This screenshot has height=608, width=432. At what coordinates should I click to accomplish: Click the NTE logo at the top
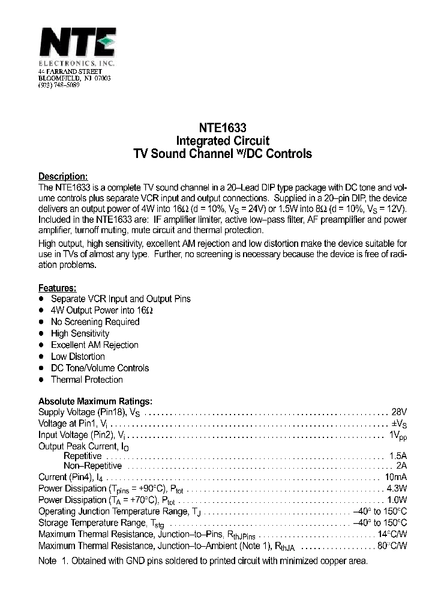point(77,43)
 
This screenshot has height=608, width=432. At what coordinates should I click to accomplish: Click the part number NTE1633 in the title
point(222,128)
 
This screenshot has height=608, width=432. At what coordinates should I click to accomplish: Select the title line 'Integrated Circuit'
point(222,141)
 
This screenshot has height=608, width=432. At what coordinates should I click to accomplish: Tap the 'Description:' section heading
point(64,177)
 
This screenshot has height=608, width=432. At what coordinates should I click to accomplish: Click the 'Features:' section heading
point(58,288)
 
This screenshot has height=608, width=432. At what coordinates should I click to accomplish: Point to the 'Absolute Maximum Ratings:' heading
point(95,401)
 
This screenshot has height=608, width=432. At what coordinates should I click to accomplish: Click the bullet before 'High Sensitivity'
point(41,333)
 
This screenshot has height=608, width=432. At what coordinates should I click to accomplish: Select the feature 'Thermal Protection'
point(86,380)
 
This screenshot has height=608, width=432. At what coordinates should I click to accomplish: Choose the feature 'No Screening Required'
point(95,322)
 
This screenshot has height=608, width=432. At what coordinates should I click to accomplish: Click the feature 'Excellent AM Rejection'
point(94,345)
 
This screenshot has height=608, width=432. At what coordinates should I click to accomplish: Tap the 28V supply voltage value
point(399,412)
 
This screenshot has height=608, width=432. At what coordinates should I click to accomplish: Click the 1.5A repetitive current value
point(398,456)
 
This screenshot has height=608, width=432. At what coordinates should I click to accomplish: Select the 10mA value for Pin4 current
point(396,477)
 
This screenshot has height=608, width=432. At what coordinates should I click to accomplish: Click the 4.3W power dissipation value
point(397,488)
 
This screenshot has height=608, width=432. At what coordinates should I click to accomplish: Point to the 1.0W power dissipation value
point(397,500)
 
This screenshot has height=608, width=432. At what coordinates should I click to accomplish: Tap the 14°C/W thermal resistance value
point(392,534)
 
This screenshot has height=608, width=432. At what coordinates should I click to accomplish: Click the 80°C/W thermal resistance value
point(392,546)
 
